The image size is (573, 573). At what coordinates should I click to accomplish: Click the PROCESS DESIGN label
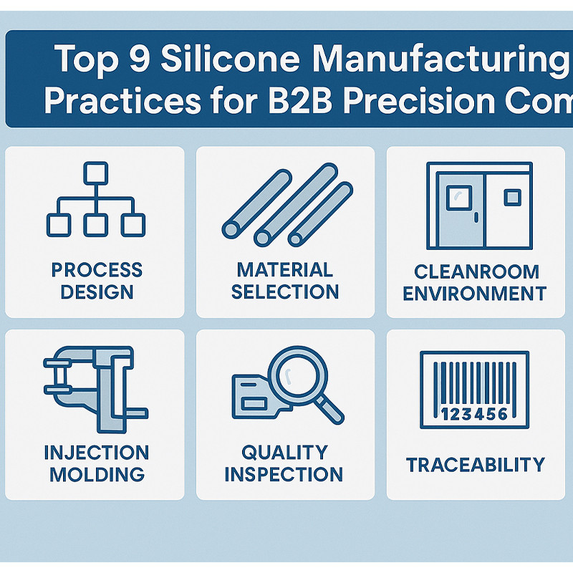(97, 281)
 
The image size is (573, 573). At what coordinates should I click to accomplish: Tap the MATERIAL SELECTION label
(285, 281)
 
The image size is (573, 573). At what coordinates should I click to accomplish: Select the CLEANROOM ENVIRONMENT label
(474, 282)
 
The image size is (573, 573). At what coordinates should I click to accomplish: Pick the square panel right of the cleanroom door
(512, 196)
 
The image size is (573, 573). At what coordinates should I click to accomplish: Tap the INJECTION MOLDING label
(97, 463)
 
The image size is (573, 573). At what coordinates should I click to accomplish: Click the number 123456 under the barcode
(473, 414)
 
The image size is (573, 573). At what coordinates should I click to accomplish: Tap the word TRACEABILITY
(476, 465)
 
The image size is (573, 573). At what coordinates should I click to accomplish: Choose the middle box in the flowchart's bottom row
(95, 224)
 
